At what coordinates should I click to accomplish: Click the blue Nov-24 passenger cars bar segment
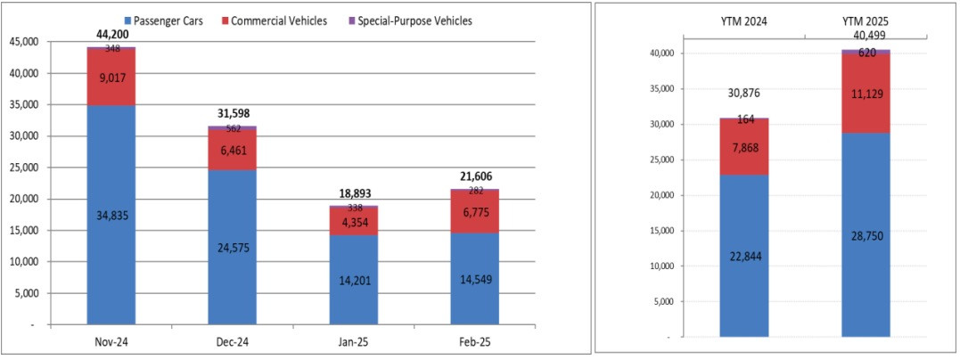pyautogui.click(x=111, y=215)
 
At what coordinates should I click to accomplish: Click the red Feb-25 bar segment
pyautogui.click(x=475, y=213)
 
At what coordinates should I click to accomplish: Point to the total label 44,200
pyautogui.click(x=111, y=34)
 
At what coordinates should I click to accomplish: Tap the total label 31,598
pyautogui.click(x=232, y=113)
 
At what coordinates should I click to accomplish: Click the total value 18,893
pyautogui.click(x=354, y=193)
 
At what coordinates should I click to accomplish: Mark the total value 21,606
pyautogui.click(x=475, y=176)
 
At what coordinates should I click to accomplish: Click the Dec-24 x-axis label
pyautogui.click(x=232, y=340)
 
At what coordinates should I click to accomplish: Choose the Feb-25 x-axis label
pyautogui.click(x=475, y=340)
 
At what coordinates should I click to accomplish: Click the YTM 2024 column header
pyautogui.click(x=743, y=20)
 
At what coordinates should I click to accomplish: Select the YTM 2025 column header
pyautogui.click(x=866, y=20)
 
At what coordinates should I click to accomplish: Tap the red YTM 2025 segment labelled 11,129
pyautogui.click(x=866, y=94)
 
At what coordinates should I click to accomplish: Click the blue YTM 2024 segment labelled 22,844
pyautogui.click(x=743, y=256)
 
